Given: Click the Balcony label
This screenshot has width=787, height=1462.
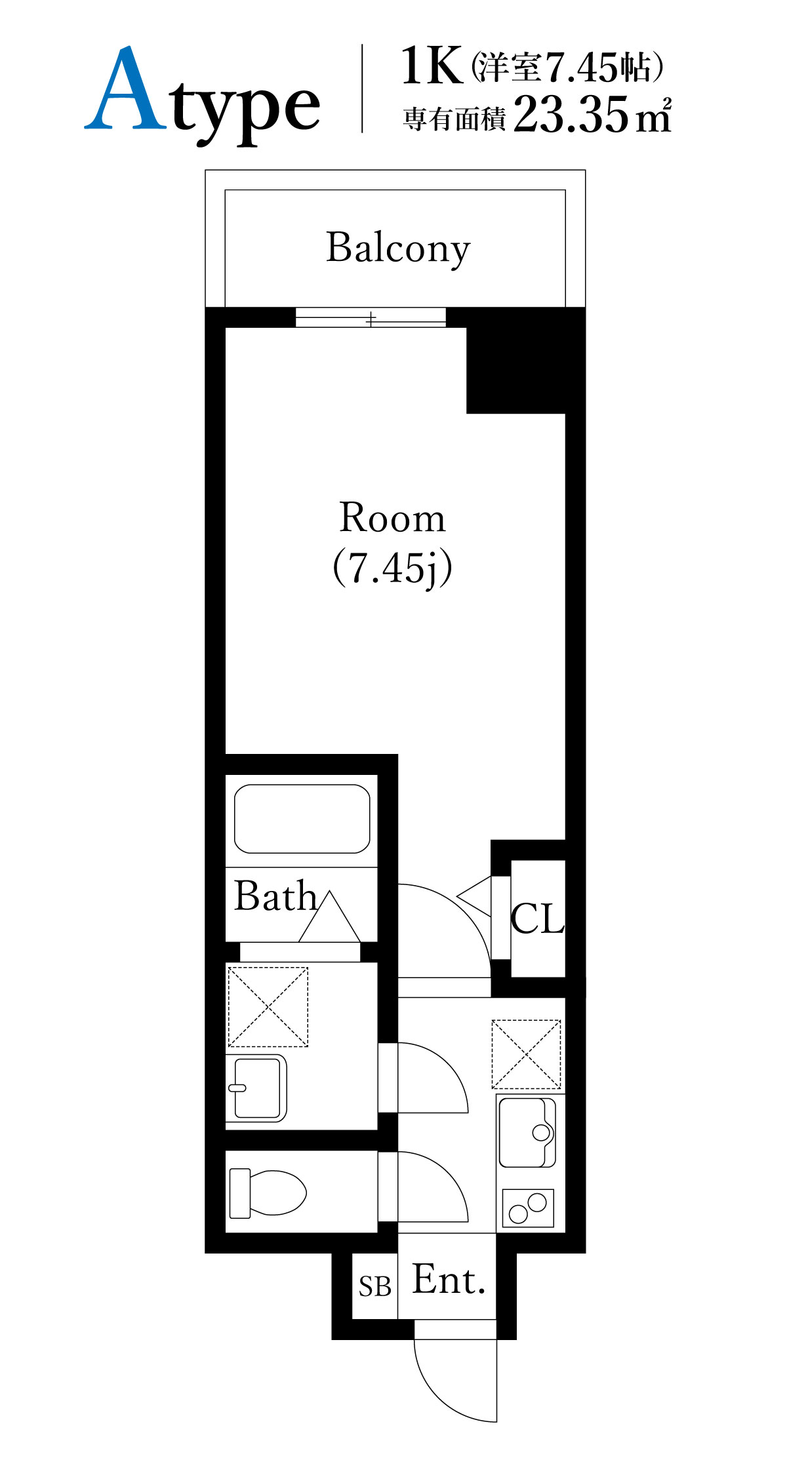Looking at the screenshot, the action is click(398, 248).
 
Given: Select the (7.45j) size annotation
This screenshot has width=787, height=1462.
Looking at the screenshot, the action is click(392, 568).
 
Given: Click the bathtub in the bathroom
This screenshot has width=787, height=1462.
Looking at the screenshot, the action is click(302, 819).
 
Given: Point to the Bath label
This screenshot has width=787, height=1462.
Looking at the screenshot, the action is click(275, 896).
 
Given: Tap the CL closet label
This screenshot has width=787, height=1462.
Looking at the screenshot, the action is click(537, 919).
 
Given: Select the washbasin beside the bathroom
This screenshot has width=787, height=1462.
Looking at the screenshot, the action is click(257, 1088).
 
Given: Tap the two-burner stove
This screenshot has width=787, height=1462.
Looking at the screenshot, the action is click(528, 1208).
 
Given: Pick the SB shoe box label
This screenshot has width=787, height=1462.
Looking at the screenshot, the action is click(375, 1286).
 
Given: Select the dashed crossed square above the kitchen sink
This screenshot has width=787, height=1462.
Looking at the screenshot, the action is click(527, 1054).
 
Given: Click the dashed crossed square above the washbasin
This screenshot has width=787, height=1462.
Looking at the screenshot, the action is click(268, 1006).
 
